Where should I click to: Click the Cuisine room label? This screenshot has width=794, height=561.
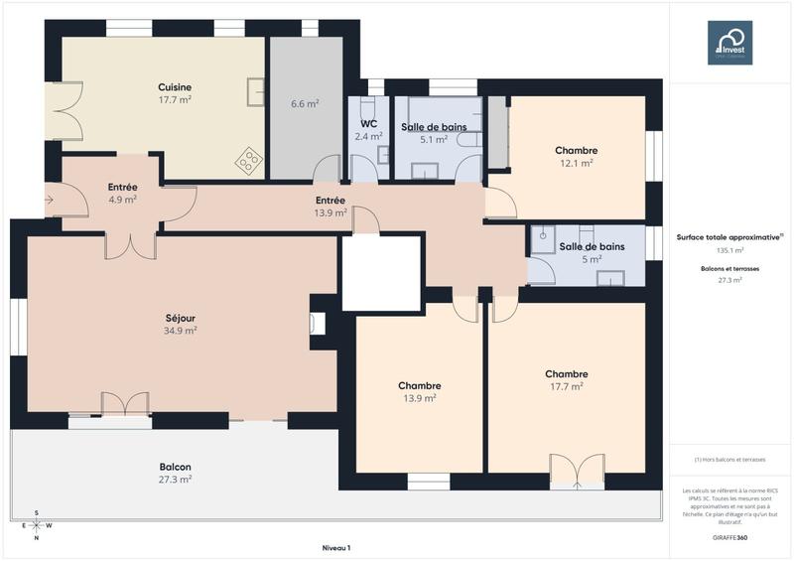tap(175, 87)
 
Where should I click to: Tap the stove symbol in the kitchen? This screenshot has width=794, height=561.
tap(247, 158)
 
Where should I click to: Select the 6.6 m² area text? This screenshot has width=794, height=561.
tap(305, 103)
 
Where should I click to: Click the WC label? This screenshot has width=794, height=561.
tap(368, 124)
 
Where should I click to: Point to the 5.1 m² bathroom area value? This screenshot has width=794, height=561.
tap(434, 140)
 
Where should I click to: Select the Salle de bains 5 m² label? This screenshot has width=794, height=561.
tap(592, 246)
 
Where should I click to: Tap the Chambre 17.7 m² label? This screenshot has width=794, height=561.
tap(566, 374)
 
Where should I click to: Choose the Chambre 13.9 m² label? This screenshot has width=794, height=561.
tap(419, 385)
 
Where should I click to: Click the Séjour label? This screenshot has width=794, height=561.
tap(181, 319)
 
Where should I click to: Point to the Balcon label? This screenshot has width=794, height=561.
tap(175, 467)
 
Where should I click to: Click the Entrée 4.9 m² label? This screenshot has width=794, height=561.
tap(122, 187)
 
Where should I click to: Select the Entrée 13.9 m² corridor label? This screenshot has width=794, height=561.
tap(330, 201)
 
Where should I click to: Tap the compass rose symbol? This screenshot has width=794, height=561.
tap(37, 525)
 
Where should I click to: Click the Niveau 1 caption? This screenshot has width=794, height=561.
tap(336, 547)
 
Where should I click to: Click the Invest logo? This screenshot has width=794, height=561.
tap(729, 43)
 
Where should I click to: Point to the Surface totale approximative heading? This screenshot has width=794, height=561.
tap(729, 237)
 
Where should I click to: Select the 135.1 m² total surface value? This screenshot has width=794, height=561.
tap(729, 250)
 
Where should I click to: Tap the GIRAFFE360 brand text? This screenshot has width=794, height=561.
tap(729, 536)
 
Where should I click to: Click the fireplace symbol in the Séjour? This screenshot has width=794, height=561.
tap(317, 323)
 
